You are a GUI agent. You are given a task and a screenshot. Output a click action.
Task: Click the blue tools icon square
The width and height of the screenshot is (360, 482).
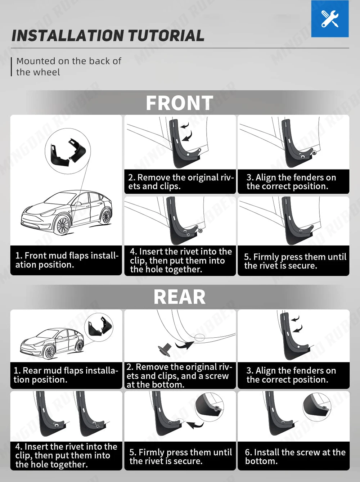tap(330, 19)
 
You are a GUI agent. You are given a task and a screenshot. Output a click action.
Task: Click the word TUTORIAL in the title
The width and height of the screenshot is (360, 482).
tap(166, 36)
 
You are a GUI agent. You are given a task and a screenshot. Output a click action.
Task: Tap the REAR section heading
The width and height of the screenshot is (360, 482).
tap(180, 297)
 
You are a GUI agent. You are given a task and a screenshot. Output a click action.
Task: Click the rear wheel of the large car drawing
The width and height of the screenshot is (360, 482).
tap(106, 216)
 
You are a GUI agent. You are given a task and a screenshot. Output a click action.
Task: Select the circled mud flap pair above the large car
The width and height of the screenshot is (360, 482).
tap(68, 151)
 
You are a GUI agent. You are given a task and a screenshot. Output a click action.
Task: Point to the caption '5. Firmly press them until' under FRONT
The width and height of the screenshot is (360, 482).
tap(295, 257)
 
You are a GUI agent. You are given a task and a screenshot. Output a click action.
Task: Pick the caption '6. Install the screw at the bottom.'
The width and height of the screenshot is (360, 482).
tap(295, 457)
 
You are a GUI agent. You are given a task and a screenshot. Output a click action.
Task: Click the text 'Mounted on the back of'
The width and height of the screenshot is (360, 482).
tap(69, 61)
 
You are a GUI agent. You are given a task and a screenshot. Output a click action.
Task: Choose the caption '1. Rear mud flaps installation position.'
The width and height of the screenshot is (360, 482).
tap(66, 375)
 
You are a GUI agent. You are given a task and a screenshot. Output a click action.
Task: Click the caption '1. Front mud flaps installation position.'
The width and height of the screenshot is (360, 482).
tap(67, 260)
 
